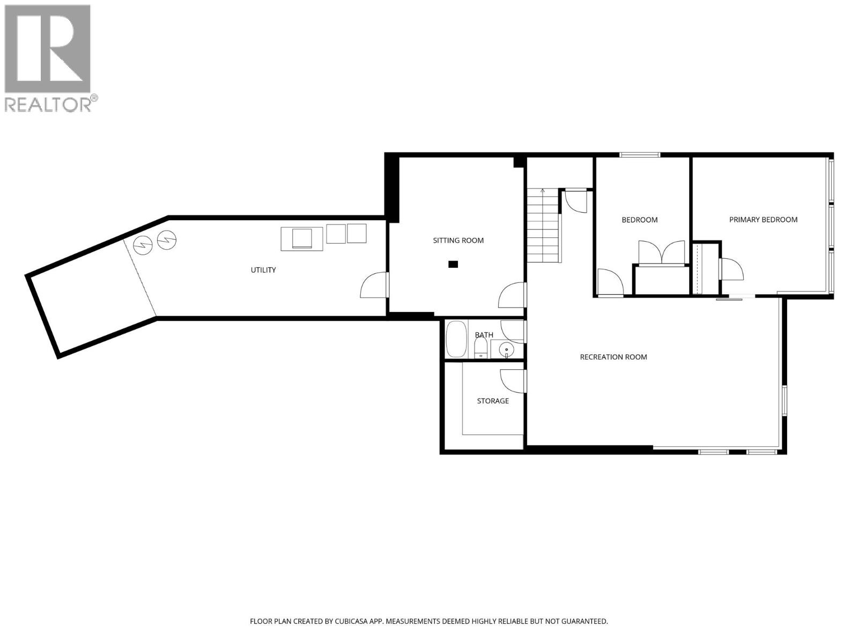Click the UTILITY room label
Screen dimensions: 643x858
point(263,270)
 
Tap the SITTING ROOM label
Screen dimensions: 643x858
point(458,241)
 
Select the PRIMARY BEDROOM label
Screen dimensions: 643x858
point(763,220)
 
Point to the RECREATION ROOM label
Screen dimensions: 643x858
point(613,357)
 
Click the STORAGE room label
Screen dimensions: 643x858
point(493,401)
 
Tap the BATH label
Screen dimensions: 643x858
point(484,335)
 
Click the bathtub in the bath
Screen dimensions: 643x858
point(457,339)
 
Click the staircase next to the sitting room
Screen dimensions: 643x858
point(543,225)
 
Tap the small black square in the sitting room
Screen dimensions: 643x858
point(454,264)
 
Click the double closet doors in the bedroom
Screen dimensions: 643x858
point(661,253)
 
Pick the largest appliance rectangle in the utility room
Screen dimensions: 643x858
point(302,239)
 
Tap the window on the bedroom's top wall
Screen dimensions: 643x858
point(640,155)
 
